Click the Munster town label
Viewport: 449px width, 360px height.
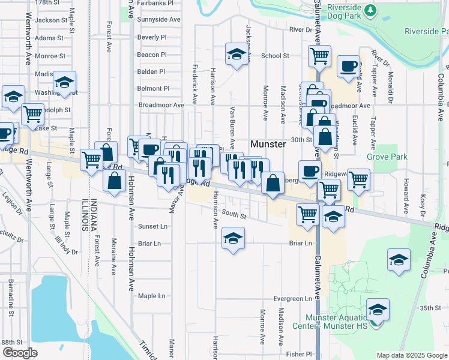268,145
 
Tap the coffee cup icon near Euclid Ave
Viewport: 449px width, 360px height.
348,67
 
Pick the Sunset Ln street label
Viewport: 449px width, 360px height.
152,227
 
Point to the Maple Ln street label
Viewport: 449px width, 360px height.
151,296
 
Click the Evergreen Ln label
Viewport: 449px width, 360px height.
293,298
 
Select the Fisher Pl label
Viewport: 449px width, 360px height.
299,354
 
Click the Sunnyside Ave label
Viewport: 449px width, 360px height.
158,20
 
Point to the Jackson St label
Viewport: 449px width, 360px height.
47,20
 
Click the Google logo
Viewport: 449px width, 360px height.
19,353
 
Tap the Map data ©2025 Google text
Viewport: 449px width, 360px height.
411,355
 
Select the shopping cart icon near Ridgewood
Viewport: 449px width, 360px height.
358,179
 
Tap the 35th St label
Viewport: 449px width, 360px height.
430,308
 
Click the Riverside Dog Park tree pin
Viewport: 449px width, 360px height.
371,10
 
